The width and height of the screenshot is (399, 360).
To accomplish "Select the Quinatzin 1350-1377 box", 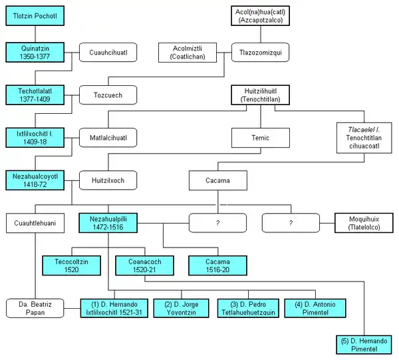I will [x=35, y=52].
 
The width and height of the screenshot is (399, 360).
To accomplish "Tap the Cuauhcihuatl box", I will [x=108, y=52].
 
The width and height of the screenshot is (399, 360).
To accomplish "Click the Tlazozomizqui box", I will [x=259, y=52].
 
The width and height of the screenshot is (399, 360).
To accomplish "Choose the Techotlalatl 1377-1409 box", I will [x=35, y=95].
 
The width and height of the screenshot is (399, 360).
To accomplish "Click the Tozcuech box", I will [x=108, y=95].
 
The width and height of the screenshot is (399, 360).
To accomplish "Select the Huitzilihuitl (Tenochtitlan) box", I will [x=259, y=95].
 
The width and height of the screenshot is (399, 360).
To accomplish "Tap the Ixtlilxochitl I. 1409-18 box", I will [x=35, y=138].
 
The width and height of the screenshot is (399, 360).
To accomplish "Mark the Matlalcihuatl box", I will [x=108, y=138].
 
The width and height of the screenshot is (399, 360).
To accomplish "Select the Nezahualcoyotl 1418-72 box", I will [x=35, y=180].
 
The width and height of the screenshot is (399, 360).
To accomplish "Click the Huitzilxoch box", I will [x=108, y=180].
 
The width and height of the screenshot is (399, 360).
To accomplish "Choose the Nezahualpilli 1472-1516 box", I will [x=108, y=223].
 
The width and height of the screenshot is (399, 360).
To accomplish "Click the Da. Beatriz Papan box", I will [x=35, y=308].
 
